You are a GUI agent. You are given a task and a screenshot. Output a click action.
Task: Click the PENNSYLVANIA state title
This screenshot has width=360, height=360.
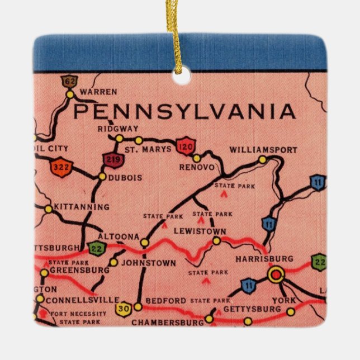coord(184,112)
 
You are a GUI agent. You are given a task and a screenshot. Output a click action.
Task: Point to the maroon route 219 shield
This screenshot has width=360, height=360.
coord(112,160)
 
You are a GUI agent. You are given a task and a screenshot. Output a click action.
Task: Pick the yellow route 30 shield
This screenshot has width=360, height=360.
coord(123,309)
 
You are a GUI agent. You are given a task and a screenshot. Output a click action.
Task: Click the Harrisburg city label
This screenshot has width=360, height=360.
coord(264,259)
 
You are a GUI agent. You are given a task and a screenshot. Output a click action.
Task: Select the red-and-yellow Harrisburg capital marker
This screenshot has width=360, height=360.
coord(276,274)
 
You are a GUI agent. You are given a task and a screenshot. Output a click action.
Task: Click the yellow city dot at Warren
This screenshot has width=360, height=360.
coord(70,95)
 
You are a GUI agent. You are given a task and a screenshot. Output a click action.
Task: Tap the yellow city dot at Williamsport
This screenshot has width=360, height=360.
coord(263,160)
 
